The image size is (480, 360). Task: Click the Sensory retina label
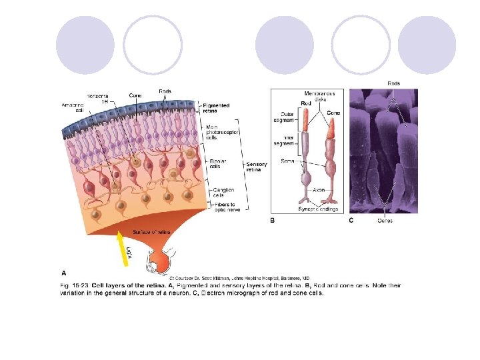pos(257,167)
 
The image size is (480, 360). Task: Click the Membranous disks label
pos(319,95)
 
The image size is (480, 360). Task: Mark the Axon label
pos(319,190)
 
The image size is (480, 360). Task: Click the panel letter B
pos(272,219)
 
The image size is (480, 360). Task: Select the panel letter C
pos(351,219)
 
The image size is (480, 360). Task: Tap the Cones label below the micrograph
pos(385,220)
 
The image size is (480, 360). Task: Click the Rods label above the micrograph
pos(393,83)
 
